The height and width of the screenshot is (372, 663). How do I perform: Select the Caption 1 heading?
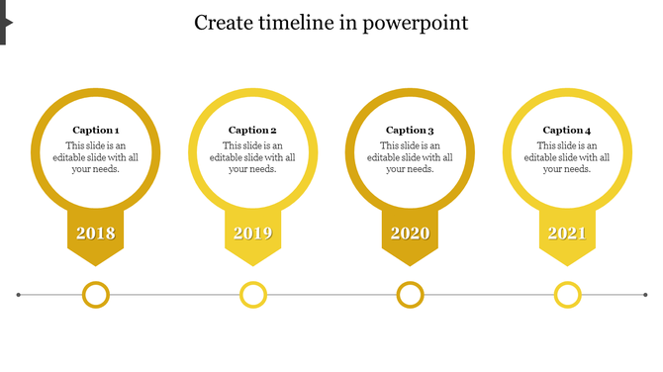click(96, 130)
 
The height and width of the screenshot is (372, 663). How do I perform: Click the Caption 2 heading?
click(252, 130)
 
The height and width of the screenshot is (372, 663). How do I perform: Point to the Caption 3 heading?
click(410, 130)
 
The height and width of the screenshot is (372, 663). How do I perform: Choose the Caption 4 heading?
click(567, 130)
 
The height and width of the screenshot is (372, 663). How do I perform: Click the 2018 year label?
click(96, 233)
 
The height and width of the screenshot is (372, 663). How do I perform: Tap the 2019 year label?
click(252, 233)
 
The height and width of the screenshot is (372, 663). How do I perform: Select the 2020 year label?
click(410, 233)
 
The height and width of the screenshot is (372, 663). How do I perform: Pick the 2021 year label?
click(567, 233)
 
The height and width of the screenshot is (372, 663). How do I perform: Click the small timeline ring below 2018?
click(96, 295)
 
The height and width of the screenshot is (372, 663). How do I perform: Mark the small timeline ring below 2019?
click(253, 295)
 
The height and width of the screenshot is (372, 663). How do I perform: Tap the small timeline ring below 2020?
click(410, 295)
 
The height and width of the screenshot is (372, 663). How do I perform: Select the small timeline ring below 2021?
click(567, 295)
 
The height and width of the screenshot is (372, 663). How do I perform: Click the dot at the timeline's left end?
click(19, 295)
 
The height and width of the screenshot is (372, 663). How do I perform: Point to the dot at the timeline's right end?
click(645, 295)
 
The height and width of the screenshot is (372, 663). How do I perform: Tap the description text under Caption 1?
click(96, 157)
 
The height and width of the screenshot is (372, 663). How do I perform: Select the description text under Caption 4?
click(567, 157)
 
